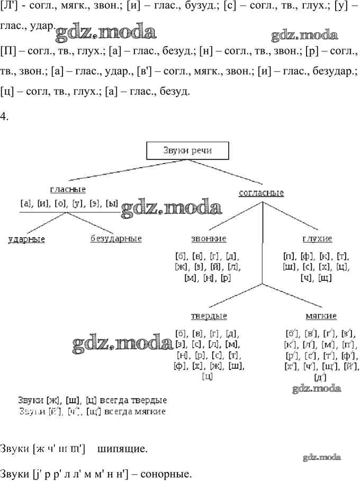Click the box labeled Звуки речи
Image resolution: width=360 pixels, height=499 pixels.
point(187,151)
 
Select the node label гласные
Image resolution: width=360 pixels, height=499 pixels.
point(68,189)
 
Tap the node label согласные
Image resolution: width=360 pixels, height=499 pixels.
point(261,193)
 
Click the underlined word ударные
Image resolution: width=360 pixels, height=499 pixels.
point(26,239)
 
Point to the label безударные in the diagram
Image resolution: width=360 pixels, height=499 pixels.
point(116,239)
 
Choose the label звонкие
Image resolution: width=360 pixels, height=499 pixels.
point(209,239)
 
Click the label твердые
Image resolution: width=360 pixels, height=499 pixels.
point(209,316)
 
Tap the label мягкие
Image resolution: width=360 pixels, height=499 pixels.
point(321,316)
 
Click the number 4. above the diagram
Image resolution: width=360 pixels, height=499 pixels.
point(5,116)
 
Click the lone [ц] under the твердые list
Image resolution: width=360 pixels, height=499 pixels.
point(208,377)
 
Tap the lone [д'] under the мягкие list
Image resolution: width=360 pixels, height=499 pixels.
point(320,377)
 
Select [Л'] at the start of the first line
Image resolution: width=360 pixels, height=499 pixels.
point(9,7)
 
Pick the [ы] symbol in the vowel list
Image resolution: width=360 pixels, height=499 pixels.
point(111,203)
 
